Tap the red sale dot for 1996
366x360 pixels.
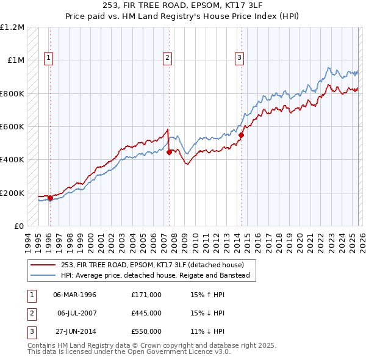[50, 198]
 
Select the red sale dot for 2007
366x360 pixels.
[169, 153]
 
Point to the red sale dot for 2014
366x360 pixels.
[242, 135]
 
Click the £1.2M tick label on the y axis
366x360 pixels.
[12, 27]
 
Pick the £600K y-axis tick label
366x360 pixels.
[12, 127]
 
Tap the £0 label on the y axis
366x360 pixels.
[18, 226]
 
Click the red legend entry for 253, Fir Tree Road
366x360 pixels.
[152, 265]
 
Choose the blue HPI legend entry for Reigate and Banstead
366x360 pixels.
[155, 275]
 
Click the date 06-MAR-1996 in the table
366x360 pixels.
[75, 295]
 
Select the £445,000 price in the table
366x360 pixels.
[146, 313]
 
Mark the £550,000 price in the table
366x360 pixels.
[146, 331]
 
